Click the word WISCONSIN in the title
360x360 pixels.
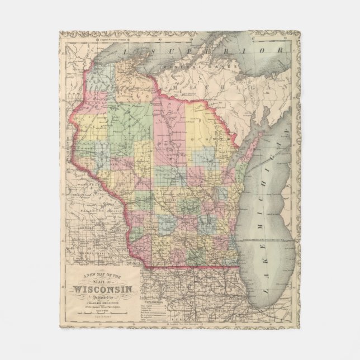103,290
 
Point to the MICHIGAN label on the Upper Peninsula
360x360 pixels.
224,84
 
